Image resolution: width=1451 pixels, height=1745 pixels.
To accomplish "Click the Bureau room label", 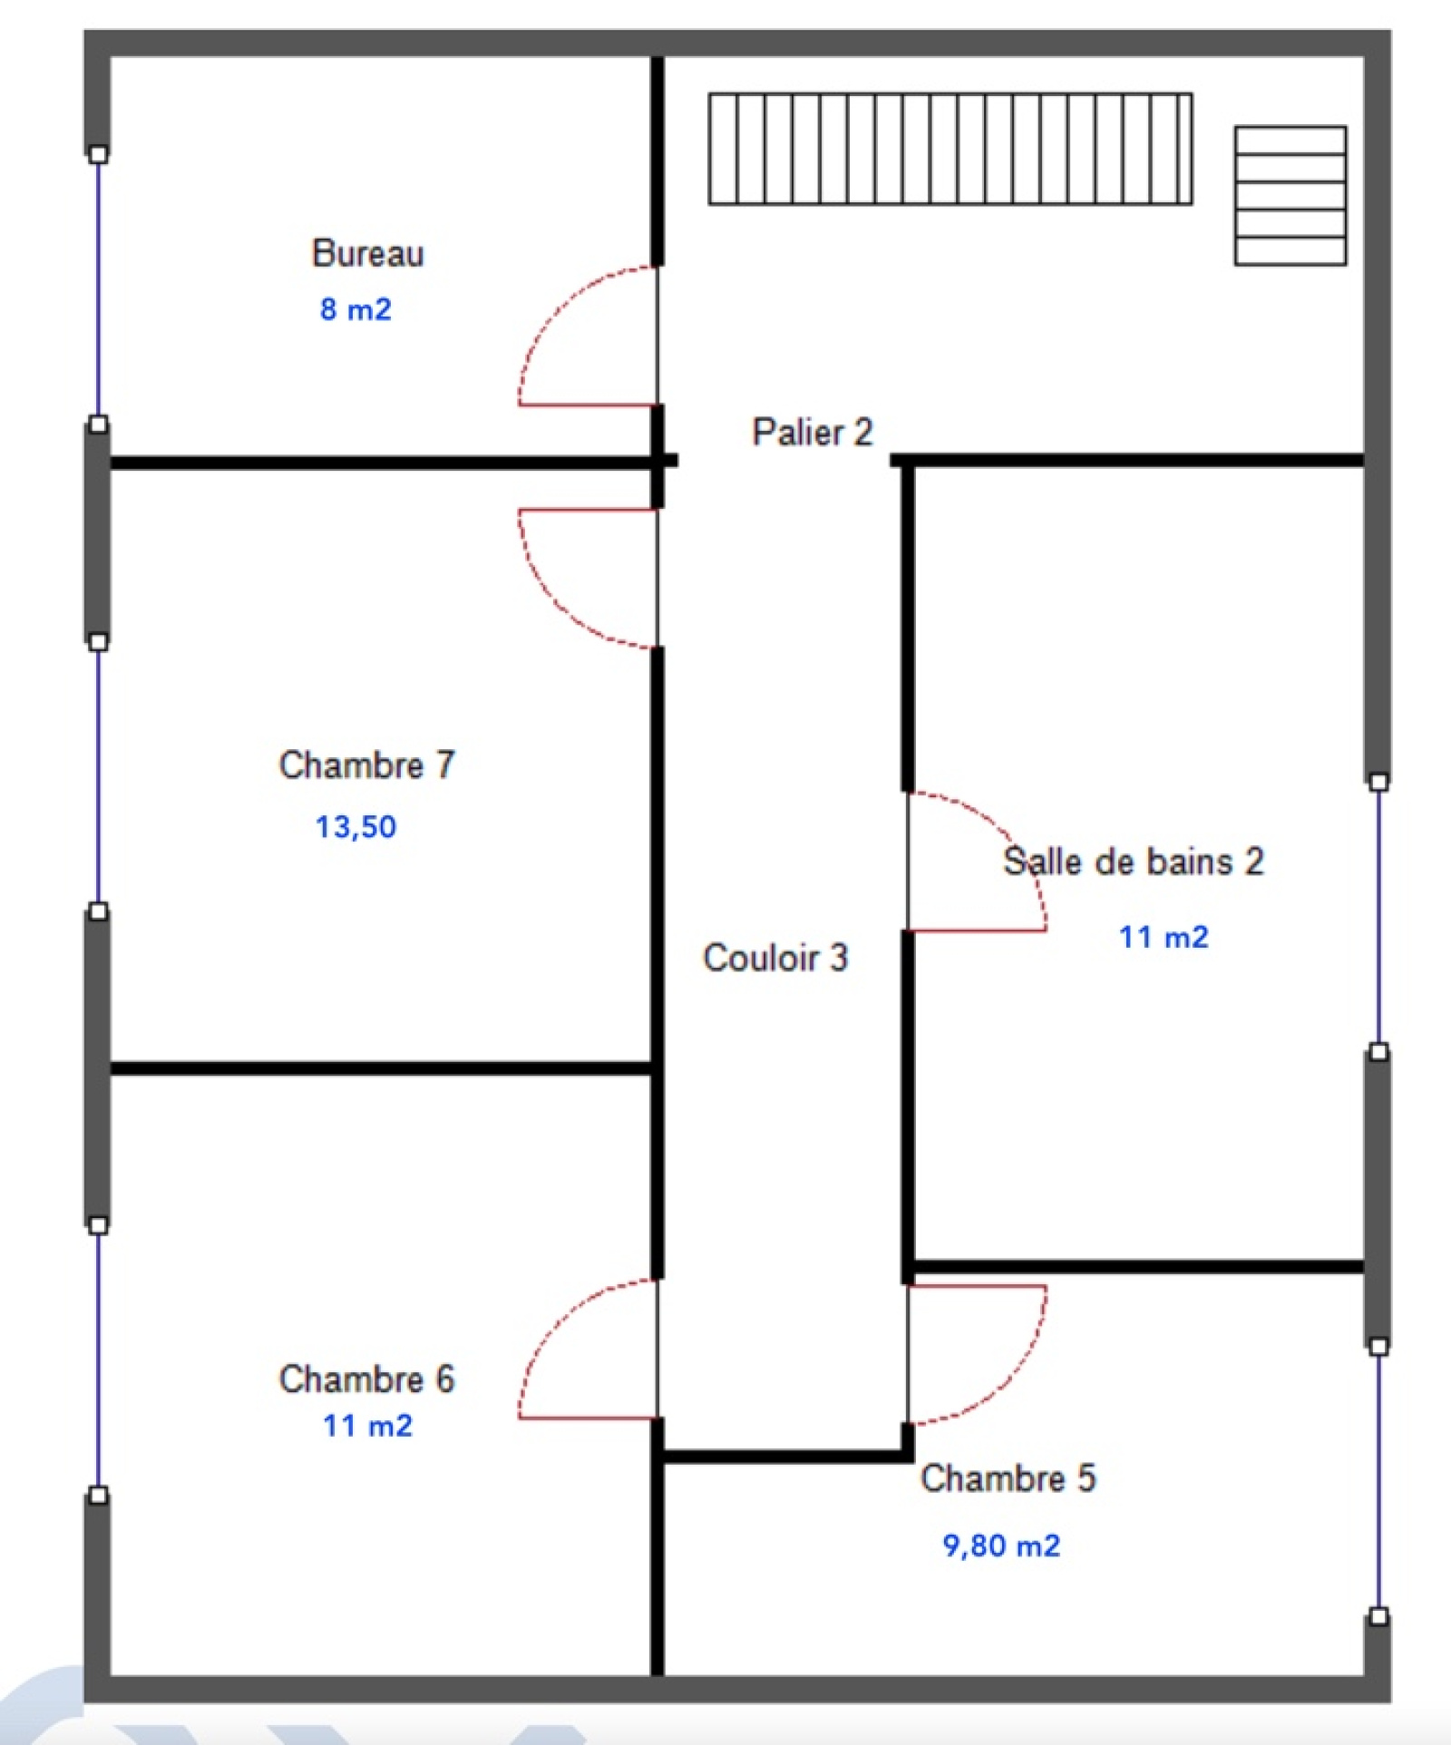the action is pyautogui.click(x=367, y=253).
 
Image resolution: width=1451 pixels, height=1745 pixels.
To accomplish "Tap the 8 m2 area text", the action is pyautogui.click(x=355, y=309).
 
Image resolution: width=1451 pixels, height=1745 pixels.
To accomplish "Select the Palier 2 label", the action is pyautogui.click(x=813, y=432).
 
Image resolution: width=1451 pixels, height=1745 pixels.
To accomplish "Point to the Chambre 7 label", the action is pyautogui.click(x=366, y=765).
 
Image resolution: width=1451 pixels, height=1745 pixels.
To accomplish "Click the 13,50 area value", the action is pyautogui.click(x=355, y=826).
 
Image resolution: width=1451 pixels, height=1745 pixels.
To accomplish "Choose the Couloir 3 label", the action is pyautogui.click(x=775, y=958).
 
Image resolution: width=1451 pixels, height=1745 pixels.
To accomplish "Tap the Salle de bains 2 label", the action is pyautogui.click(x=1134, y=861).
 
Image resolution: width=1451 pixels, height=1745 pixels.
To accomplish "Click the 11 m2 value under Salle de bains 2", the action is pyautogui.click(x=1164, y=937).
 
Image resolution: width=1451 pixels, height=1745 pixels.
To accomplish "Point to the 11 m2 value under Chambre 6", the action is pyautogui.click(x=367, y=1426).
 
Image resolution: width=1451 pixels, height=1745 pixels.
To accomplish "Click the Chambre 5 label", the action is pyautogui.click(x=1008, y=1477).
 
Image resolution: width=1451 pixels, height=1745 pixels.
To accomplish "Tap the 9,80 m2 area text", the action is pyautogui.click(x=1001, y=1545).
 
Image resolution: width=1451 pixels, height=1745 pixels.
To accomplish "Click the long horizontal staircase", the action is pyautogui.click(x=950, y=149).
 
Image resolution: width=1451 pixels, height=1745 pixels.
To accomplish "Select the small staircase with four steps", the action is pyautogui.click(x=1290, y=196).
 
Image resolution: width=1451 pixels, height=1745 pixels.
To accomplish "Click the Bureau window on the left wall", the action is pyautogui.click(x=99, y=288).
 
